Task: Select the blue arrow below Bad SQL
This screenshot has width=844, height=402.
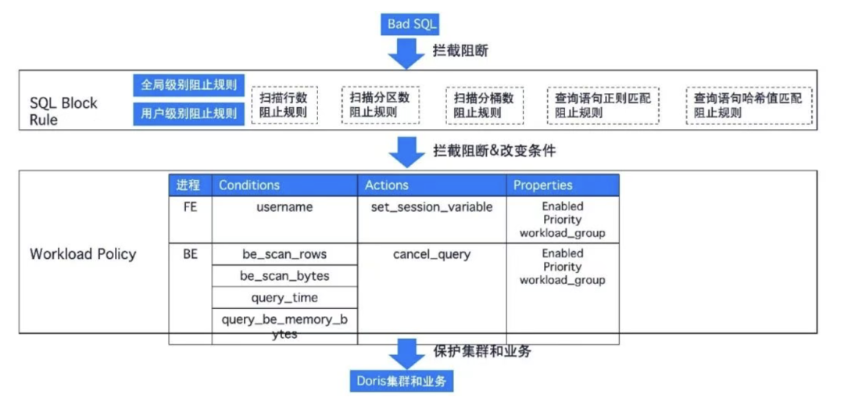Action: coord(406,53)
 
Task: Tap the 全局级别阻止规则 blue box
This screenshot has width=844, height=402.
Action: coord(188,84)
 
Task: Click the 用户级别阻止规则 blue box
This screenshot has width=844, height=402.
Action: coord(188,113)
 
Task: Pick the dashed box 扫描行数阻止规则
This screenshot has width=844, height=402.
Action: coord(284,105)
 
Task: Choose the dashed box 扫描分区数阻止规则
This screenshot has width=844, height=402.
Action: coord(380,104)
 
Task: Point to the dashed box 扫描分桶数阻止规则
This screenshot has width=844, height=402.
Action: coord(485,105)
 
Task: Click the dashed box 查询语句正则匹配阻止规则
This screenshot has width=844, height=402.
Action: coord(603,105)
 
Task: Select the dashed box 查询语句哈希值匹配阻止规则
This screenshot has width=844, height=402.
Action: coord(748,105)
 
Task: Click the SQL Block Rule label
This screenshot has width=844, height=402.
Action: coord(64,111)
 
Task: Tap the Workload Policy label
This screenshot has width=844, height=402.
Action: coord(83,254)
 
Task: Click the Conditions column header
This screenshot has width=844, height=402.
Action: coord(249,185)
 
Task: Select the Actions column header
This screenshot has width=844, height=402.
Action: coord(387,185)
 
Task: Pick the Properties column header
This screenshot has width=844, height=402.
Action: coord(543,185)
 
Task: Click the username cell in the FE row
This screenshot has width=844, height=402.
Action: coord(284,207)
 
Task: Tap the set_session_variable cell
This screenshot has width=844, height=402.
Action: coord(431,207)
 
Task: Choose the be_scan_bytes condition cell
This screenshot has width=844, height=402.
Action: coord(284,276)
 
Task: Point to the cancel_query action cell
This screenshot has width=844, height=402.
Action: coord(431,254)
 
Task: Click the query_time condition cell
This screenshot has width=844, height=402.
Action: coord(284,298)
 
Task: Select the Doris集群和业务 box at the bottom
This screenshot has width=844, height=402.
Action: coord(401,381)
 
